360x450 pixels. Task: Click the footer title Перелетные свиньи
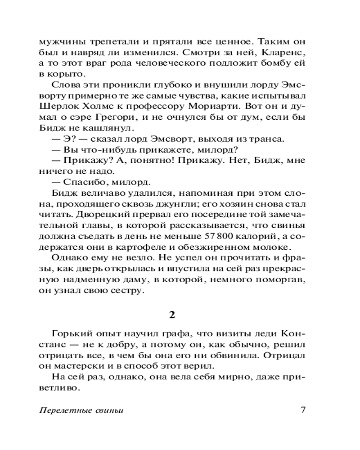(x=81, y=411)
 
